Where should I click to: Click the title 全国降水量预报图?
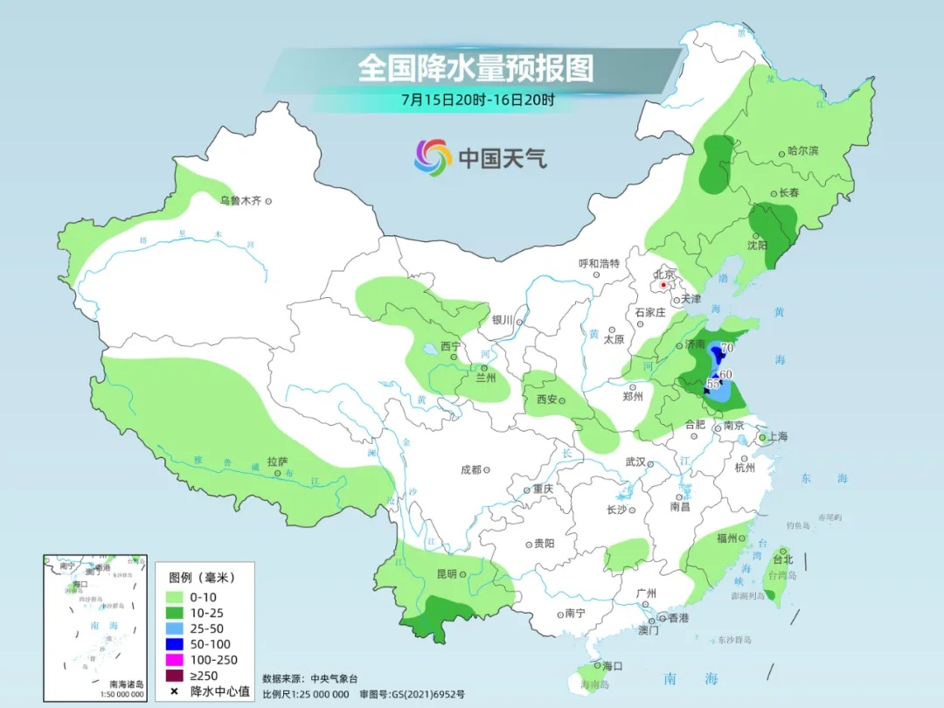(x=475, y=68)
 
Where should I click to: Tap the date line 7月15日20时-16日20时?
(x=477, y=99)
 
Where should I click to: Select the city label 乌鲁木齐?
(x=240, y=201)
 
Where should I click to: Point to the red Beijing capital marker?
(x=663, y=285)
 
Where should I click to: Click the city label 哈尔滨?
(x=802, y=151)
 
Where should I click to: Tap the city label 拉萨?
(x=277, y=462)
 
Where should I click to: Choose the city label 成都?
(x=471, y=470)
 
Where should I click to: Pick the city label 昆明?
(x=446, y=574)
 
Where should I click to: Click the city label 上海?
(x=778, y=437)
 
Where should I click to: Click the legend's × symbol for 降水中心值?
(x=175, y=691)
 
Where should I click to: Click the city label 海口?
(x=612, y=666)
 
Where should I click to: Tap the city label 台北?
(x=782, y=559)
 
